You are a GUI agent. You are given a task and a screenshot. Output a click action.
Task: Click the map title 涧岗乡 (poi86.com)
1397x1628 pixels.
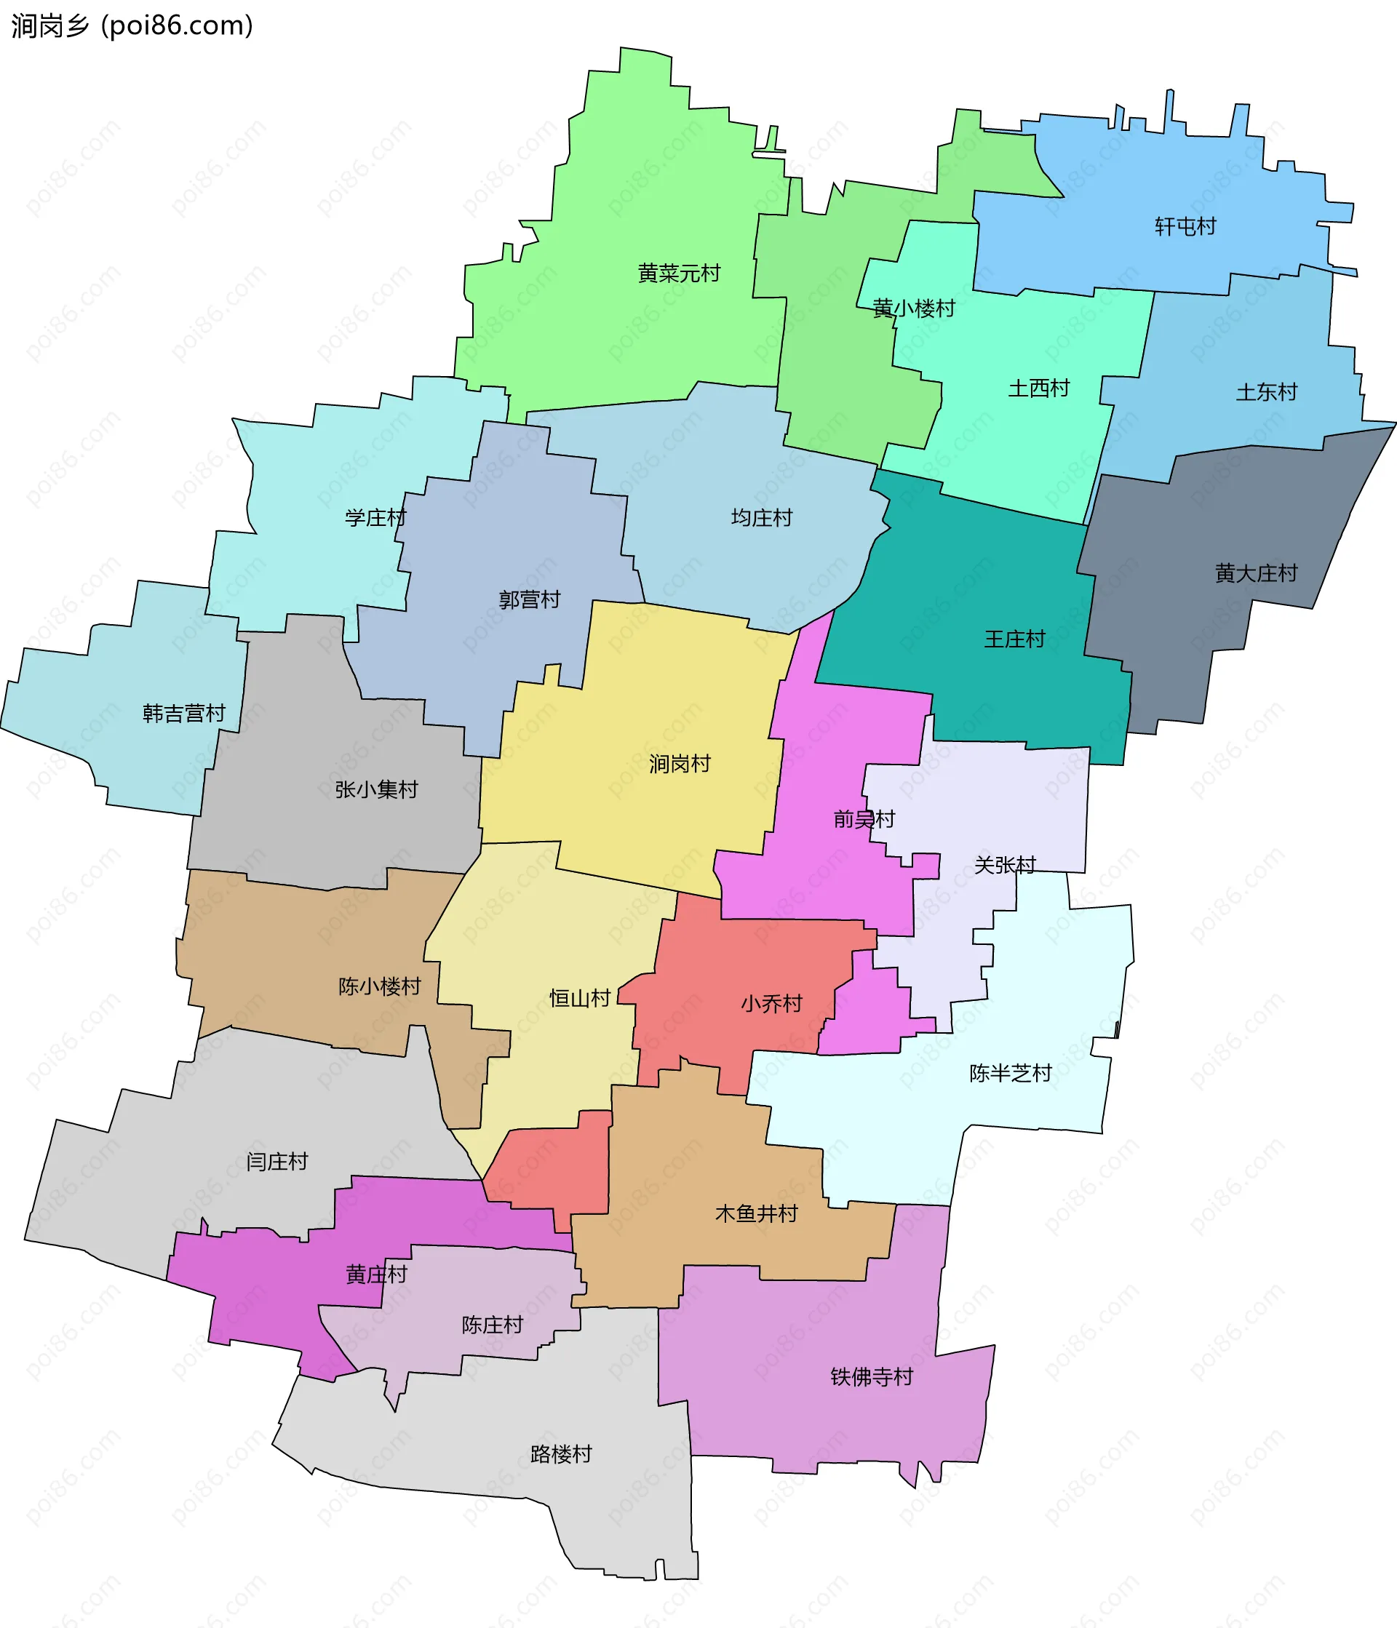click(x=132, y=26)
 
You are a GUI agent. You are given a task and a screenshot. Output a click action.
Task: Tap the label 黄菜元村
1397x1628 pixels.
click(x=679, y=274)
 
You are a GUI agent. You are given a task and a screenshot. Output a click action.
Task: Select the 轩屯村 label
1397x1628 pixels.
click(x=1185, y=227)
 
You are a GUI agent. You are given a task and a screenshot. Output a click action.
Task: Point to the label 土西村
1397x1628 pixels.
click(x=1039, y=388)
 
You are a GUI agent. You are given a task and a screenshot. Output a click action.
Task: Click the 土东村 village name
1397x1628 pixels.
click(x=1266, y=392)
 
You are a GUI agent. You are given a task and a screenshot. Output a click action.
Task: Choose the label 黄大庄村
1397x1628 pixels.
click(x=1256, y=573)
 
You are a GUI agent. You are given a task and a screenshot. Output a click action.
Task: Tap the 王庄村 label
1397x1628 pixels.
click(x=1014, y=639)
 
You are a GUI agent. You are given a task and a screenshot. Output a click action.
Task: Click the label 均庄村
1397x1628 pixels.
click(x=761, y=518)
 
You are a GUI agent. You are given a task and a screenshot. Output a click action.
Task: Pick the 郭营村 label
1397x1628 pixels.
click(x=530, y=600)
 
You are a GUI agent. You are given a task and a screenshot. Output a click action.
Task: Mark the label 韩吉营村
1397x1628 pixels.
click(x=184, y=714)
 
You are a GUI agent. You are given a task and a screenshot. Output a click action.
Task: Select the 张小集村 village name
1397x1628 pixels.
click(x=376, y=790)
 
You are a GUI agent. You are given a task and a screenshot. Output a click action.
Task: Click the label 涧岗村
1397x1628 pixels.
click(x=680, y=764)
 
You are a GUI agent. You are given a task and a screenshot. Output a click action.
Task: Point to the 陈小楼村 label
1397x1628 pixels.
click(x=380, y=986)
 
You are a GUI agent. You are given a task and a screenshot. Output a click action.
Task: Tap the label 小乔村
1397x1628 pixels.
click(x=771, y=1004)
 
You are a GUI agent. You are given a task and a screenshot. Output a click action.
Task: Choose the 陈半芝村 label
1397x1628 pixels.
click(x=1011, y=1073)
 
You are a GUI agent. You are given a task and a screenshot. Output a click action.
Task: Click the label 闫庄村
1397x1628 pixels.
click(x=276, y=1162)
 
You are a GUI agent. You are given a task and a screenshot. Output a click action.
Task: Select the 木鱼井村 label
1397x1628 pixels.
click(x=756, y=1214)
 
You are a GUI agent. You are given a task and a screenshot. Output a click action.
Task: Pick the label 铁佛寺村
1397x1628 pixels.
click(x=872, y=1377)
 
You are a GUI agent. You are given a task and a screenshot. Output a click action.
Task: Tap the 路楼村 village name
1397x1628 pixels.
click(x=561, y=1454)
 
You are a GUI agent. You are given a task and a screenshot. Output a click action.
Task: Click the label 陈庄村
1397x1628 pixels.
click(x=493, y=1325)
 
